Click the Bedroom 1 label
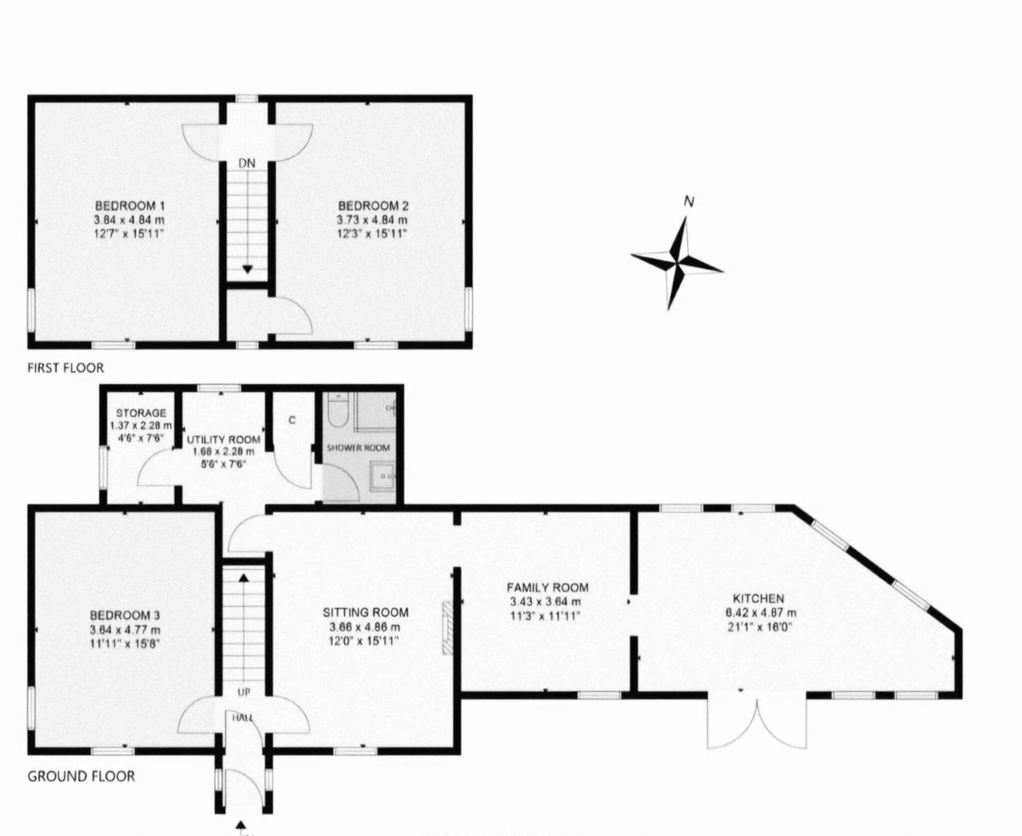pos(130,206)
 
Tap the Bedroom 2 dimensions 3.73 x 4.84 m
pos(372,220)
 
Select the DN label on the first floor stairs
pos(247,163)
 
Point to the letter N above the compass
pos(689,202)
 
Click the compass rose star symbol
pos(677,263)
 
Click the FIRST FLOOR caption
pos(65,368)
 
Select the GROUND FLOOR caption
pos(81,776)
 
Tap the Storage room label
pos(141,413)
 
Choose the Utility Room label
pos(223,439)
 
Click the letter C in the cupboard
pos(292,420)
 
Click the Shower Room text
pos(358,447)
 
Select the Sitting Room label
pos(365,612)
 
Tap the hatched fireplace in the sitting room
pos(447,627)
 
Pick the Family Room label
pos(547,587)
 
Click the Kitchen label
pos(758,598)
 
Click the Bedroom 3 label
pos(125,616)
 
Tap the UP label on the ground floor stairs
pos(244,692)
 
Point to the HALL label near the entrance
pos(243,718)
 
